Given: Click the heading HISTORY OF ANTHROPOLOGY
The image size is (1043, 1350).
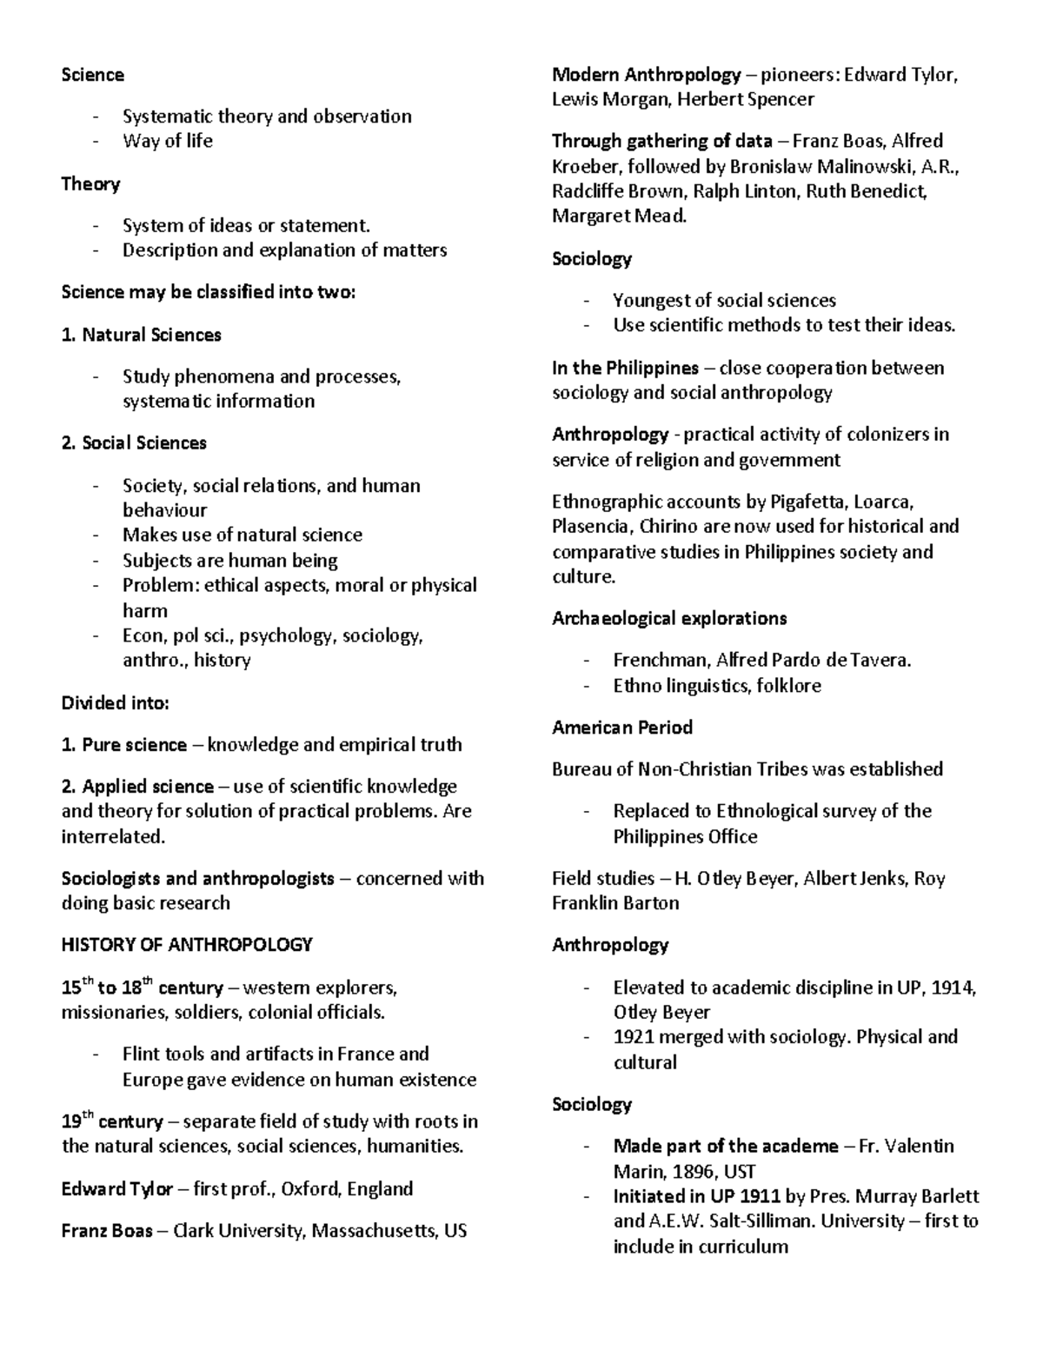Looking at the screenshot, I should coord(186,944).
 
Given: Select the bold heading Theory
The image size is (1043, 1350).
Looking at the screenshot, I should coord(90,183).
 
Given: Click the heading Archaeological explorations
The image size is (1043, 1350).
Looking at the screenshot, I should coord(669,618).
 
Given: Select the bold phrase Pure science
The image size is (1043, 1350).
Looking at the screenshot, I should coord(134,745).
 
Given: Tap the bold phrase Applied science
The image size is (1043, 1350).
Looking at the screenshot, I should coord(148,787).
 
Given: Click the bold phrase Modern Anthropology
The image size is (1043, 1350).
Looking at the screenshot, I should coord(647,75).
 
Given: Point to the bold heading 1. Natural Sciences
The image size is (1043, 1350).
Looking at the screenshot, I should coord(141,335).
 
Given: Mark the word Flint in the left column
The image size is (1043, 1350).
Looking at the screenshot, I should coord(143,1054).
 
